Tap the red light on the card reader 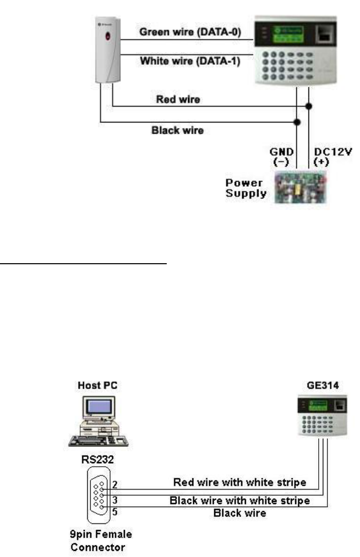(x=107, y=36)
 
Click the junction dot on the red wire (x=309, y=107)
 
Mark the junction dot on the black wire (x=297, y=122)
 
